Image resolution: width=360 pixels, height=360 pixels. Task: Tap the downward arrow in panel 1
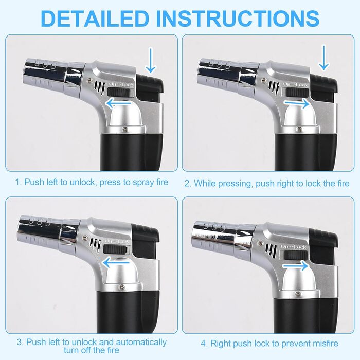point(151,60)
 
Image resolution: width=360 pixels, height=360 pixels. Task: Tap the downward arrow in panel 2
point(323,58)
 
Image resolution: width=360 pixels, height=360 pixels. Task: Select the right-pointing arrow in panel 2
point(297,103)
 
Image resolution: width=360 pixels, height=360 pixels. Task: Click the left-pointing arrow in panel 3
point(116,262)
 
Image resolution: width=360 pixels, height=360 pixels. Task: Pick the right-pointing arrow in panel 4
point(295,266)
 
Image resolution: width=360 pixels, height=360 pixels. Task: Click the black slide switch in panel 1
point(119,93)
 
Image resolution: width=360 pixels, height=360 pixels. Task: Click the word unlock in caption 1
point(82,182)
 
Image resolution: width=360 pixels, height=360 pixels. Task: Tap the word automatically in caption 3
point(141,342)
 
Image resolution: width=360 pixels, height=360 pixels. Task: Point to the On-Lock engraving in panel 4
point(294,247)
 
